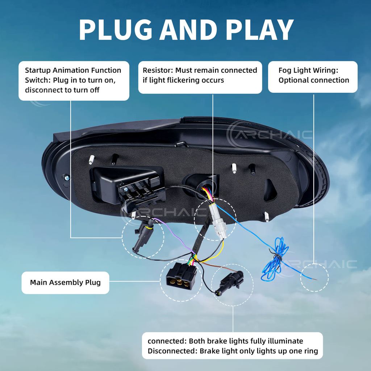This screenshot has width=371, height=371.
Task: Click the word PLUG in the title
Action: coord(116,29)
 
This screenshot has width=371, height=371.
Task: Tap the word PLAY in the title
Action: coord(259,29)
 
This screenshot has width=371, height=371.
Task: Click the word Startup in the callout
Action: coord(38,71)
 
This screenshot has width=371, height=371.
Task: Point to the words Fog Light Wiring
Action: coord(308,71)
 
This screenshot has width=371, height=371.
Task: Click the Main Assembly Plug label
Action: coord(65,283)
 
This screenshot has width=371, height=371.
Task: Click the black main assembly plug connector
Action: coord(181,276)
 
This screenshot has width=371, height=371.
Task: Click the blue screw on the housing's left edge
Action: coord(67,178)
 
